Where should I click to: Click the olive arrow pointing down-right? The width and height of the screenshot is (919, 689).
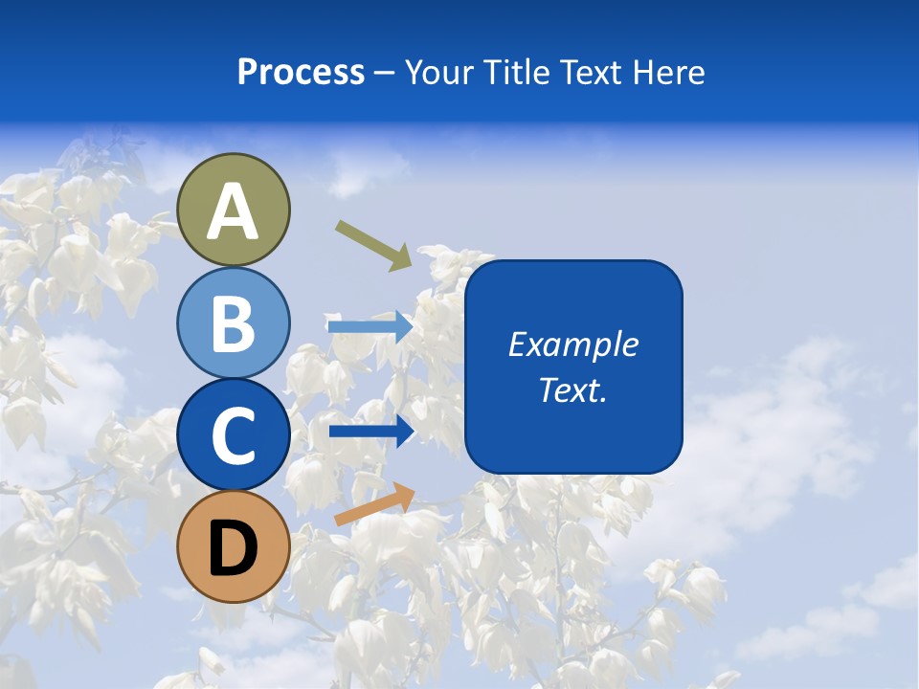[x=373, y=245]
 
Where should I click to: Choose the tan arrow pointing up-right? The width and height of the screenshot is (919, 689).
[x=374, y=504]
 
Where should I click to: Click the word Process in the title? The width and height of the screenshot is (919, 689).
[x=301, y=73]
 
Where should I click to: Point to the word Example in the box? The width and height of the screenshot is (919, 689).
[x=573, y=344]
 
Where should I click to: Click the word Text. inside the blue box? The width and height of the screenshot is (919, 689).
[x=573, y=389]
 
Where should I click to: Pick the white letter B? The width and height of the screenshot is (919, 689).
[x=234, y=323]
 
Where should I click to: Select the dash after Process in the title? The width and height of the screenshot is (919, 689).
[x=385, y=74]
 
